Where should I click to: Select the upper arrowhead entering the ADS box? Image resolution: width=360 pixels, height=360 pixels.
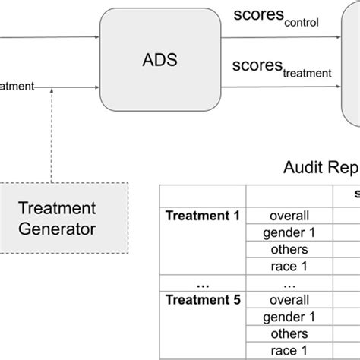tap(96, 36)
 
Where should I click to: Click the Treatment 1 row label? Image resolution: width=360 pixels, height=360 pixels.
tap(202, 215)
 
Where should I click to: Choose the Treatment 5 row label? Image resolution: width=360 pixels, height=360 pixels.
tap(202, 299)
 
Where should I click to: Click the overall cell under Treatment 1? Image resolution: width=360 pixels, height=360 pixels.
tap(289, 215)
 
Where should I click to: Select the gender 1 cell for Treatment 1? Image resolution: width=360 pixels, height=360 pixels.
tap(289, 232)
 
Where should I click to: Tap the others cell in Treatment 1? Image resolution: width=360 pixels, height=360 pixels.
tap(289, 248)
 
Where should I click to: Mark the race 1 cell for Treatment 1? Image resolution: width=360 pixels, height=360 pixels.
tap(289, 265)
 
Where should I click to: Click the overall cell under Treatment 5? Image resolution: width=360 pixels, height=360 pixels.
tap(289, 299)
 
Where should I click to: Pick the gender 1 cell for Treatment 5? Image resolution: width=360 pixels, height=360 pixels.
tap(289, 316)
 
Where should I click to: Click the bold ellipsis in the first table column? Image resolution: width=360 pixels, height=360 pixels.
tap(202, 282)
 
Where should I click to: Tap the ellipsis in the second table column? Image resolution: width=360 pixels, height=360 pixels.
tap(289, 283)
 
